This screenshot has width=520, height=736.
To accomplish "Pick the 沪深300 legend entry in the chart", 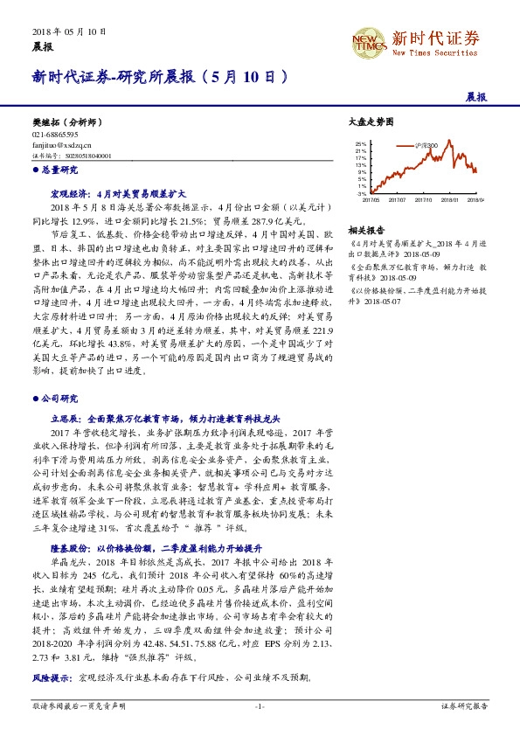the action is click(x=427, y=144).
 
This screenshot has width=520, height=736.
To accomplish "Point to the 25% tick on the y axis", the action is click(x=361, y=142).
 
